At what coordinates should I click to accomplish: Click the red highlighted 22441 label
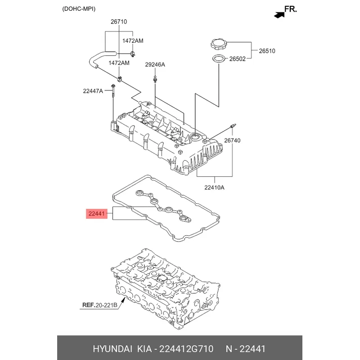click(x=97, y=214)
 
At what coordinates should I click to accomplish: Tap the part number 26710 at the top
click(x=119, y=22)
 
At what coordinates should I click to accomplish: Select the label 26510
click(x=267, y=51)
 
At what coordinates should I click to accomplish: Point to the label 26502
click(x=238, y=59)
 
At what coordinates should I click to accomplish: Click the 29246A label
click(x=155, y=65)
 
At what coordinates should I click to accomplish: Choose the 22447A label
click(x=93, y=91)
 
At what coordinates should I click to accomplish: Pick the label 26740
click(x=232, y=140)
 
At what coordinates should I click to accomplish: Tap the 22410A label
click(x=215, y=188)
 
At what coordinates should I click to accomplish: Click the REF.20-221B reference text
click(x=100, y=305)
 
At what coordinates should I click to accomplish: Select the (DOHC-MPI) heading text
click(x=79, y=9)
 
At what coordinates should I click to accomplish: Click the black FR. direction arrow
click(x=279, y=15)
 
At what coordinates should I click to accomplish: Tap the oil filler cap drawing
click(x=218, y=44)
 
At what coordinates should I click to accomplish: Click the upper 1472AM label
click(x=133, y=41)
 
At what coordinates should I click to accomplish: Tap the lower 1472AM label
click(x=119, y=63)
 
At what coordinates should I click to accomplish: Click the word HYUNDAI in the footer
click(x=112, y=349)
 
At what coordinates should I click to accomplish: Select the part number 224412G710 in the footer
click(x=186, y=349)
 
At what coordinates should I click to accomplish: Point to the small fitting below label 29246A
click(x=155, y=79)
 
